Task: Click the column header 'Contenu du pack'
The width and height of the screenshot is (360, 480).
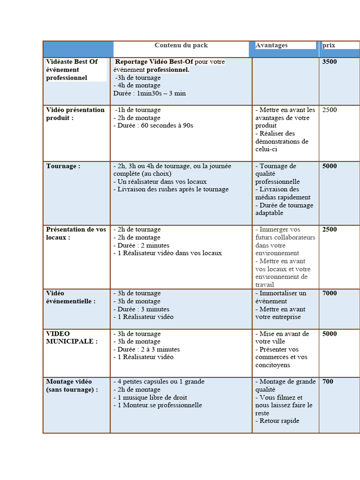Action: [x=181, y=45]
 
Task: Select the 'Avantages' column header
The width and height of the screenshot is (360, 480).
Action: [x=271, y=45]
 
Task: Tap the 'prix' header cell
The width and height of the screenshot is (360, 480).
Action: [x=329, y=45]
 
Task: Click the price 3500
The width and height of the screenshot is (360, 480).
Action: [x=330, y=62]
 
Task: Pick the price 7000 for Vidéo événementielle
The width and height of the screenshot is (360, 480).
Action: [x=330, y=293]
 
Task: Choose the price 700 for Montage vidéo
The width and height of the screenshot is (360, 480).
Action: [x=328, y=382]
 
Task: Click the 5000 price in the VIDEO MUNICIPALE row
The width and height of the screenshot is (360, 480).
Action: [x=330, y=334]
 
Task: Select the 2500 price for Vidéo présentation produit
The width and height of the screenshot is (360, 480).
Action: [x=330, y=110]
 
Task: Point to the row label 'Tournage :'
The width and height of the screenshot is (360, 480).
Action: [x=63, y=166]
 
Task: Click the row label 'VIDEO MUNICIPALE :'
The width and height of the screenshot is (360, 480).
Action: [x=72, y=337]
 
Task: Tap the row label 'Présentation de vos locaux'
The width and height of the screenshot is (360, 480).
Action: [x=76, y=233]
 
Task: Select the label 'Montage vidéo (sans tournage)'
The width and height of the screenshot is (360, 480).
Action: [x=72, y=385]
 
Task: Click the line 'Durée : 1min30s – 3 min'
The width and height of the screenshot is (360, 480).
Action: [x=150, y=93]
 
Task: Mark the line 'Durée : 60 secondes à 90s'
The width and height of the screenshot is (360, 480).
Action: [x=153, y=126]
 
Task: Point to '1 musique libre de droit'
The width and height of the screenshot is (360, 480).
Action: [x=150, y=397]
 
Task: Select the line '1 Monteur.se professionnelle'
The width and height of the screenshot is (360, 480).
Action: [x=157, y=405]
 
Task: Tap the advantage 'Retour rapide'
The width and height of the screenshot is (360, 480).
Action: [x=277, y=421]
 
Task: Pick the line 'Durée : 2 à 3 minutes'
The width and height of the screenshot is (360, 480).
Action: [x=147, y=349]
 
